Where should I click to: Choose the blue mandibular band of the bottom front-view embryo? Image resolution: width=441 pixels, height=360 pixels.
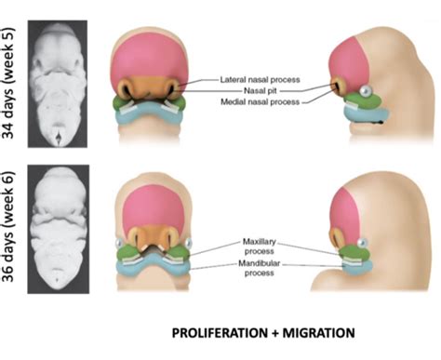[x=151, y=266]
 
